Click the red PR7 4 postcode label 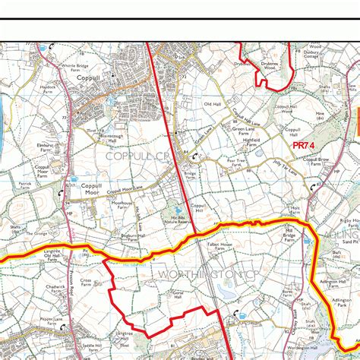point(303,144)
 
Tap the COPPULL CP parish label point(136,156)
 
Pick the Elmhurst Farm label point(44,147)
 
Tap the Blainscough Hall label point(112,137)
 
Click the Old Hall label point(212,103)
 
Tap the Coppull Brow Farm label point(315,162)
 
